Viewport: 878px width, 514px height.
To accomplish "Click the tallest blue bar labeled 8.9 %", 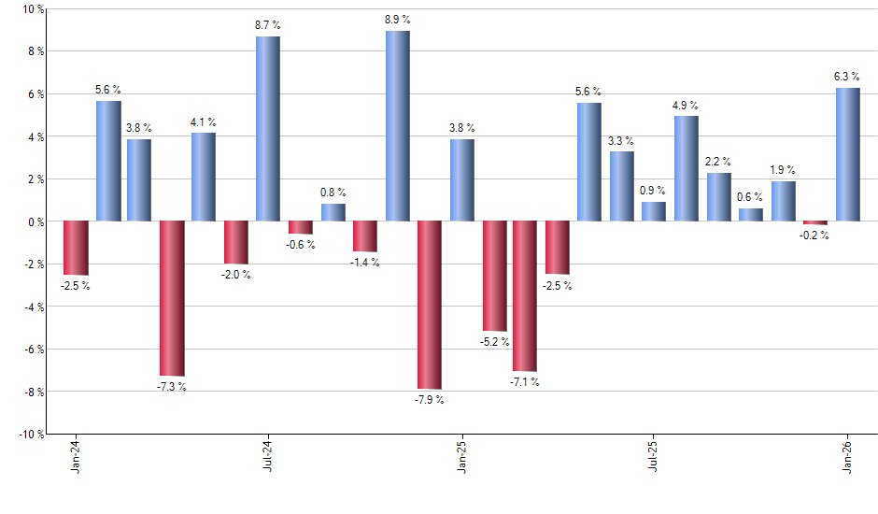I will [397, 126].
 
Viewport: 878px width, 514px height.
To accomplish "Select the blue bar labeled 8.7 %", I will [268, 129].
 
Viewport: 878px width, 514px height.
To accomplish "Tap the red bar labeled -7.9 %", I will [430, 305].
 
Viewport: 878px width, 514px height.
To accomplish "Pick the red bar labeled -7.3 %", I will [172, 298].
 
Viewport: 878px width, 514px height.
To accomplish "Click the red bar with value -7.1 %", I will [525, 296].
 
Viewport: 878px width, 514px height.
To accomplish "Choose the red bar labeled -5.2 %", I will [494, 276].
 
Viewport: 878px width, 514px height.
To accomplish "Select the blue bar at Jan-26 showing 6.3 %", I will [847, 154].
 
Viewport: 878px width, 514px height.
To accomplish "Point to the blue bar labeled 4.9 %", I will [687, 169].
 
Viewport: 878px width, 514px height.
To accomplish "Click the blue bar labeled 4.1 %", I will [204, 178].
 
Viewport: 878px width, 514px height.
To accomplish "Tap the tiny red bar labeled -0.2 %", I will [815, 223].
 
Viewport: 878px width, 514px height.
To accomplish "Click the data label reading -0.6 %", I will [301, 245].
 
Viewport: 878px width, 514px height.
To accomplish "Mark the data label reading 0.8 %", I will [333, 193].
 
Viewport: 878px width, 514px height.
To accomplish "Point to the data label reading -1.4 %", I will [364, 263].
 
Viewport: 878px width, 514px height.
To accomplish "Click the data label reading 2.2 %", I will [718, 162].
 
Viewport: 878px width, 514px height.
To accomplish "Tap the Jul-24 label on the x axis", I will [268, 455].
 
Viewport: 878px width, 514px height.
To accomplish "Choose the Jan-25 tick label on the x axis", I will [461, 455].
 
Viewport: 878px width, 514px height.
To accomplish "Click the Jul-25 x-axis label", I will [654, 455].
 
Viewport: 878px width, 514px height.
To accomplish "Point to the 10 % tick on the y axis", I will [34, 9].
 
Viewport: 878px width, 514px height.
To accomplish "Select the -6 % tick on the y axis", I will [34, 350].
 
